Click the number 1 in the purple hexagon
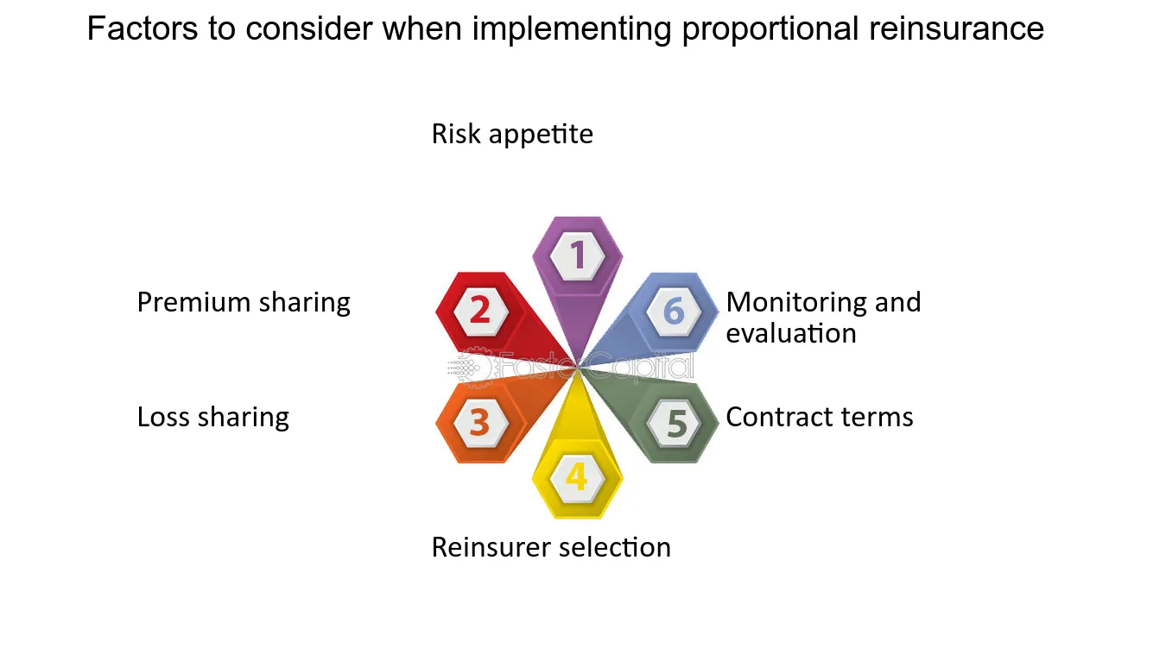click(577, 255)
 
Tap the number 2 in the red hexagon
click(480, 310)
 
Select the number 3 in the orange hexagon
click(480, 421)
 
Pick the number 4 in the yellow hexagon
click(577, 476)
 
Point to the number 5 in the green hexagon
click(677, 423)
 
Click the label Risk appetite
click(512, 135)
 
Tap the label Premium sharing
click(244, 303)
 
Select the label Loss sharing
click(212, 418)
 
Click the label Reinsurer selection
click(551, 547)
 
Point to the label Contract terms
click(820, 417)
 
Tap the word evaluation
click(791, 333)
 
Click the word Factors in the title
click(143, 28)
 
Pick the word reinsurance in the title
click(956, 28)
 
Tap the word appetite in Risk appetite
click(542, 135)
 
